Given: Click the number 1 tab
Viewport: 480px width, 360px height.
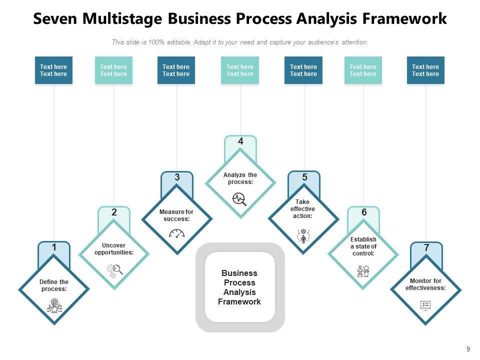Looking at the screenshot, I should (x=54, y=247).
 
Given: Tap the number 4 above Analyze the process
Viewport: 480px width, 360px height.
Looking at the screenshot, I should (x=240, y=141).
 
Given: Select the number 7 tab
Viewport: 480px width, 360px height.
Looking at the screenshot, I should (x=426, y=247).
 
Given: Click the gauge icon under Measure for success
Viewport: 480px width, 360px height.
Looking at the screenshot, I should (x=177, y=233).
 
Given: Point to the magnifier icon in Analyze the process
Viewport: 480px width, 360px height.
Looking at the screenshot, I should (x=240, y=199).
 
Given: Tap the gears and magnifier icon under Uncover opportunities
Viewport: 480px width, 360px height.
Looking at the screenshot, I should (x=114, y=270).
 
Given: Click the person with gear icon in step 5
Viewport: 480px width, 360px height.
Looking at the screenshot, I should (x=303, y=235).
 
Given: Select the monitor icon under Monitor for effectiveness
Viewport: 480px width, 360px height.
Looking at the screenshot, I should (x=425, y=305).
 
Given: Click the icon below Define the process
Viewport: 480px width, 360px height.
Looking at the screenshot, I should (x=54, y=304).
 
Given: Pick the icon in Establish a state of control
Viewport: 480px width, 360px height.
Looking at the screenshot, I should (x=363, y=271).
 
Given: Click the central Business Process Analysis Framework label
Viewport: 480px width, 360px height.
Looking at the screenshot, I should (x=239, y=287).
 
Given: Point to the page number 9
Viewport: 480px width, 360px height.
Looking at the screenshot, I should (x=468, y=349).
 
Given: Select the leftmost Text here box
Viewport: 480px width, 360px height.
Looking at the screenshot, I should (x=53, y=70).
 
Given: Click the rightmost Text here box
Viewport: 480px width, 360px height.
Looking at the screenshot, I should (x=425, y=70).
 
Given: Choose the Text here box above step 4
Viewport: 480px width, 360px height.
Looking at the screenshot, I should (x=240, y=70).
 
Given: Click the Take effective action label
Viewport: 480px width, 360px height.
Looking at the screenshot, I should (x=303, y=209).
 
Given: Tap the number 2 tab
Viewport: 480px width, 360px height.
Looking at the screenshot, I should (x=114, y=212).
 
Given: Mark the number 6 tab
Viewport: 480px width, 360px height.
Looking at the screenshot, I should (x=364, y=212).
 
